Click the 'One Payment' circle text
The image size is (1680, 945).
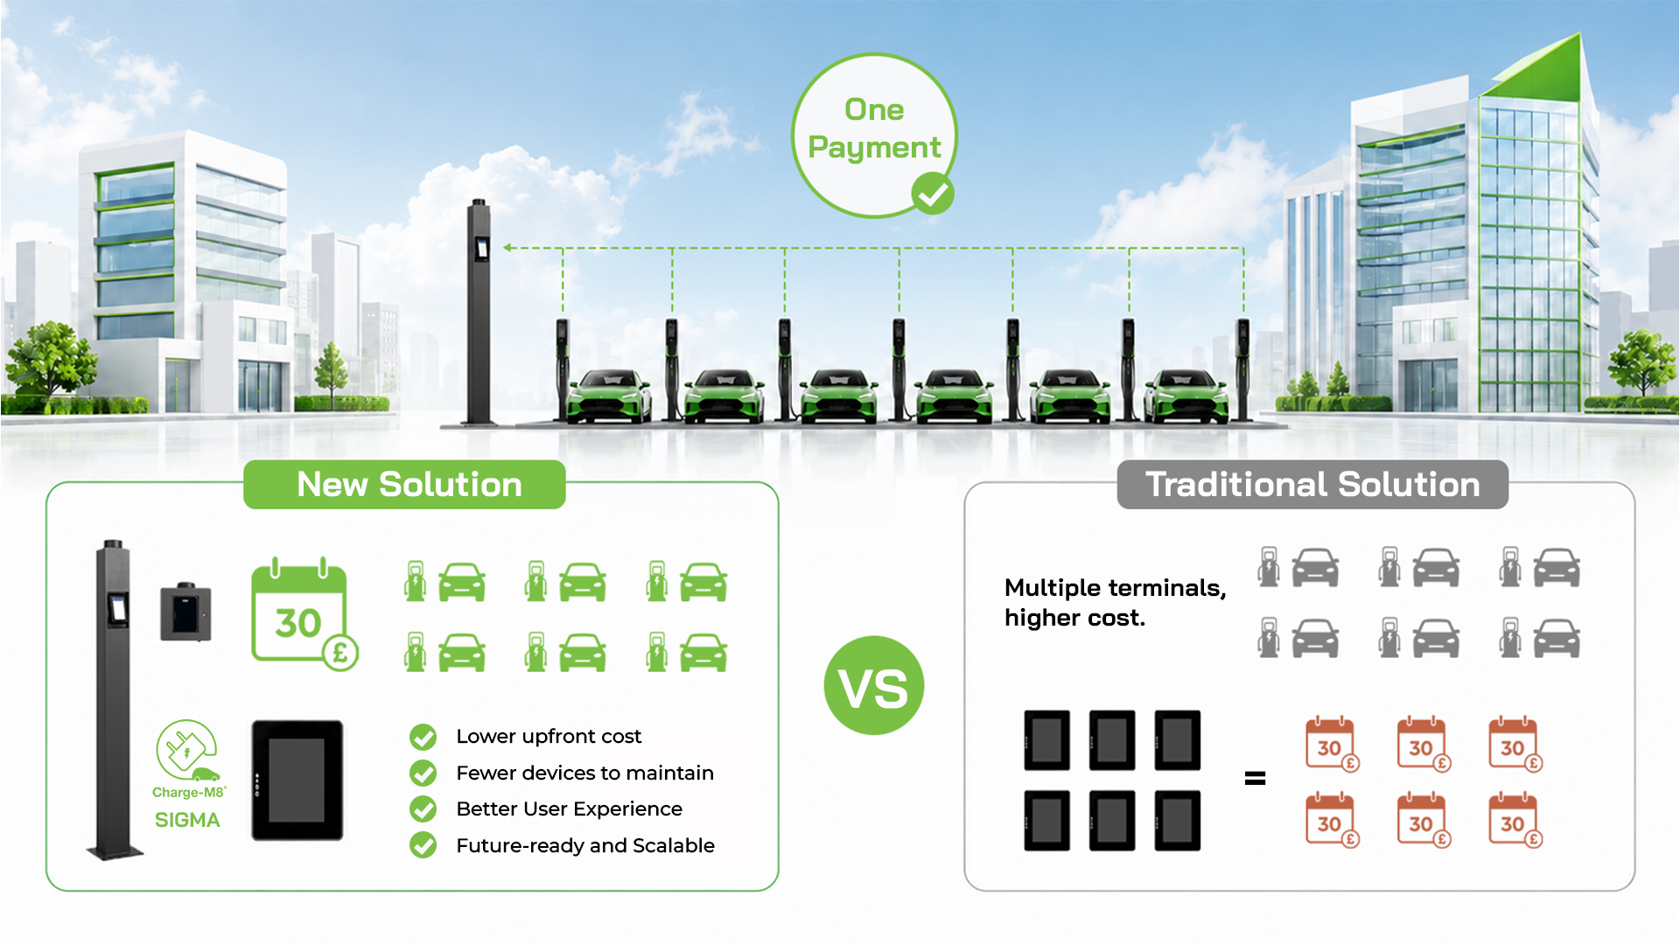pos(874,129)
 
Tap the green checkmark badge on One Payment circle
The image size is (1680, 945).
pos(933,193)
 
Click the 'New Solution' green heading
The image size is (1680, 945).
pos(409,485)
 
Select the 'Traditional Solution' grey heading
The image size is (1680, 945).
pos(1312,485)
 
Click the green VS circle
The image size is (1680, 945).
pos(873,686)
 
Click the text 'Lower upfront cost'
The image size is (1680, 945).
pos(549,737)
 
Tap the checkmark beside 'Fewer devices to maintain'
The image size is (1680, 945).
pos(423,773)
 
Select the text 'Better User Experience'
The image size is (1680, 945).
pos(569,809)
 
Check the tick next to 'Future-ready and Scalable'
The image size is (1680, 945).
pos(423,845)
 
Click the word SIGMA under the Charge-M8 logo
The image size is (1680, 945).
pos(187,821)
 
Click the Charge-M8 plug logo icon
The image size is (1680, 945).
pos(186,750)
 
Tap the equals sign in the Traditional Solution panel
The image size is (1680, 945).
pos(1255,778)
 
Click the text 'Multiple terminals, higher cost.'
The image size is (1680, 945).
pos(1115,603)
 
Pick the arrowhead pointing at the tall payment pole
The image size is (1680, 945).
pos(507,248)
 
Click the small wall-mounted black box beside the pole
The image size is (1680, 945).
pos(185,612)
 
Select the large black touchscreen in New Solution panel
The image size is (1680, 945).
pos(297,780)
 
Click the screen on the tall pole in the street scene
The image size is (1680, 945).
pos(482,248)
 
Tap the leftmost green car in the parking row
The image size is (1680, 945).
pos(609,396)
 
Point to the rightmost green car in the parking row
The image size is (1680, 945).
pos(1186,396)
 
